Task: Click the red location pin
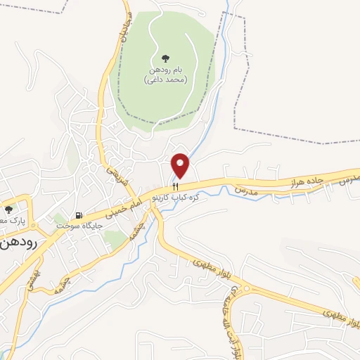[x=181, y=165]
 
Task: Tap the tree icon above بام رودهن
[x=166, y=59]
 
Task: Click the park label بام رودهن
[x=166, y=71]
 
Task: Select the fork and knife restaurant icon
[x=176, y=187]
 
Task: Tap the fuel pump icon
[x=79, y=215]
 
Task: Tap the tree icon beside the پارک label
[x=8, y=210]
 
